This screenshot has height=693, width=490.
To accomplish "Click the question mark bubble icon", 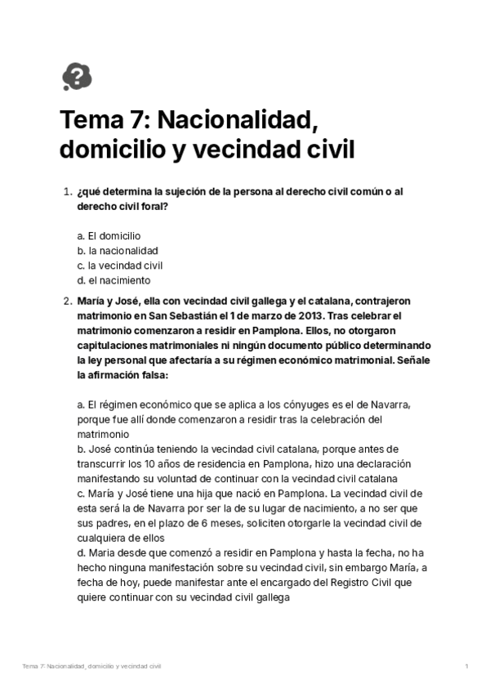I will [x=77, y=77].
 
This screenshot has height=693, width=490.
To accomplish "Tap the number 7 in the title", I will [x=136, y=122].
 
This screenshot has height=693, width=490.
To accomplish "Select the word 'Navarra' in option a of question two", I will [x=387, y=405].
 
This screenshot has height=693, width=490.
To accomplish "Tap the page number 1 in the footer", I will [x=465, y=667].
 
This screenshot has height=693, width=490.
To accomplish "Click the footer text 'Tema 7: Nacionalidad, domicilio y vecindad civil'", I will [x=91, y=667].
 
